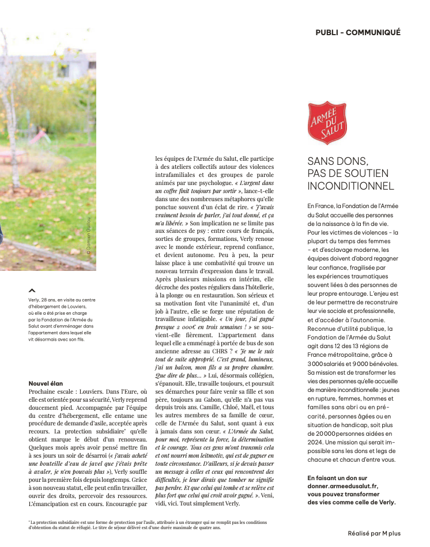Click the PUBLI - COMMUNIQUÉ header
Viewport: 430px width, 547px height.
tap(357, 32)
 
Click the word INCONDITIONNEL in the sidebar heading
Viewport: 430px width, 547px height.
tap(350, 186)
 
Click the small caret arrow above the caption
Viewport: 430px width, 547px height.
tap(32, 291)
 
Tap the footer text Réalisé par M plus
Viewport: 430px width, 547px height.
tap(374, 534)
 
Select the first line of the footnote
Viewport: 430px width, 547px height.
tap(148, 522)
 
